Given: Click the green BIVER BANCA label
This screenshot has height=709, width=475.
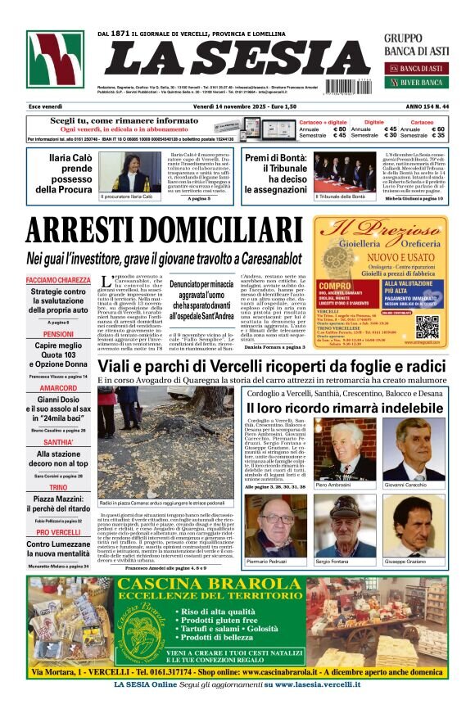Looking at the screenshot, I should click(420, 82).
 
